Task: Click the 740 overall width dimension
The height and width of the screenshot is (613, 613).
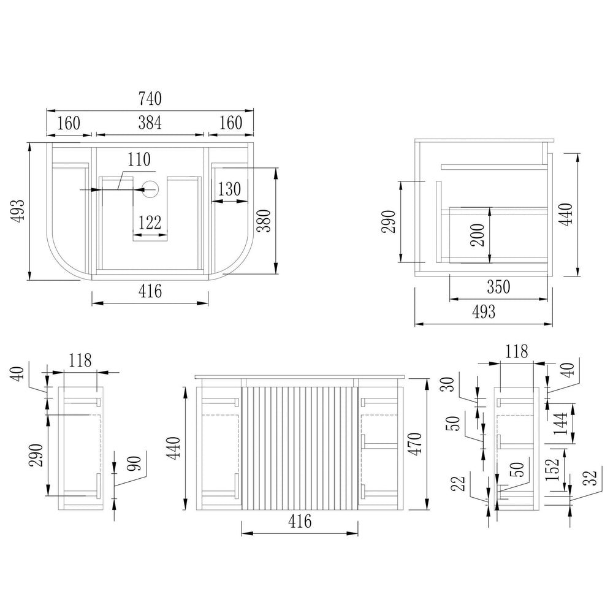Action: click(150, 99)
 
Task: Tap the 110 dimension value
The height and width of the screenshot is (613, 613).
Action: click(139, 159)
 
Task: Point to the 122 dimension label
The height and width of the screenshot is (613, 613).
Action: click(150, 223)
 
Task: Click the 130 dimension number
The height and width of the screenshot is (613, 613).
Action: click(229, 189)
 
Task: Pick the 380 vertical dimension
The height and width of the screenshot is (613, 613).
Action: click(264, 221)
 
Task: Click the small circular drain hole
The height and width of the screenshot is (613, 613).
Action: click(151, 189)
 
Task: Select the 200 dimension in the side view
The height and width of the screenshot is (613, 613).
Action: click(478, 235)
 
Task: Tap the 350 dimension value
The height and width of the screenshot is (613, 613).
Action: click(498, 287)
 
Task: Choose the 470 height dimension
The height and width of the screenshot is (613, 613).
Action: click(415, 444)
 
